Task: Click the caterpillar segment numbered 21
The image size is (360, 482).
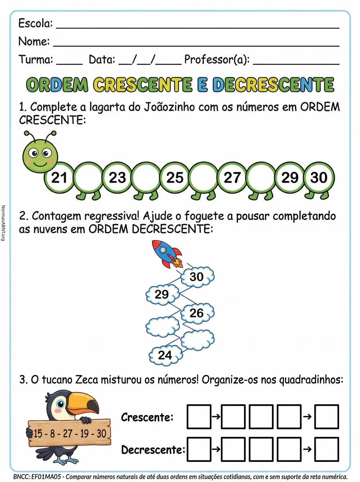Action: (x=59, y=177)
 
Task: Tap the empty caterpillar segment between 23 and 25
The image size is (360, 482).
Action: (x=146, y=177)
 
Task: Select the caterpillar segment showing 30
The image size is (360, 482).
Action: (x=319, y=177)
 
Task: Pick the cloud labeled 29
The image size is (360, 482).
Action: (x=162, y=294)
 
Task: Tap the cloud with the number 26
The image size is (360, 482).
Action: (x=197, y=313)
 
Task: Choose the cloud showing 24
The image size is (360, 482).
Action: (x=166, y=355)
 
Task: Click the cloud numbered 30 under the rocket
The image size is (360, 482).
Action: (x=197, y=276)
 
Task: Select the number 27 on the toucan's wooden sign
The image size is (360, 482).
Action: (x=68, y=433)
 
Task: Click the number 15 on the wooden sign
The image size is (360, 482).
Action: (x=38, y=433)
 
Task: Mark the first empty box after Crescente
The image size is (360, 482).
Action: (x=199, y=417)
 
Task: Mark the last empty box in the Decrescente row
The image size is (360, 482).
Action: (x=327, y=449)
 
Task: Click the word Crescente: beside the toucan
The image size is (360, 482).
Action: (x=147, y=417)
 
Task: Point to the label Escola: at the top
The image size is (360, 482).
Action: (x=35, y=23)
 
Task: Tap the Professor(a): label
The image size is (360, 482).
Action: (x=217, y=59)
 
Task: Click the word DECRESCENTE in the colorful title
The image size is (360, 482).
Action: (x=273, y=85)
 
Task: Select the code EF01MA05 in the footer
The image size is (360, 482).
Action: (x=46, y=477)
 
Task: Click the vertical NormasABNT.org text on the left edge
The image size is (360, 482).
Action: (x=3, y=223)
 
